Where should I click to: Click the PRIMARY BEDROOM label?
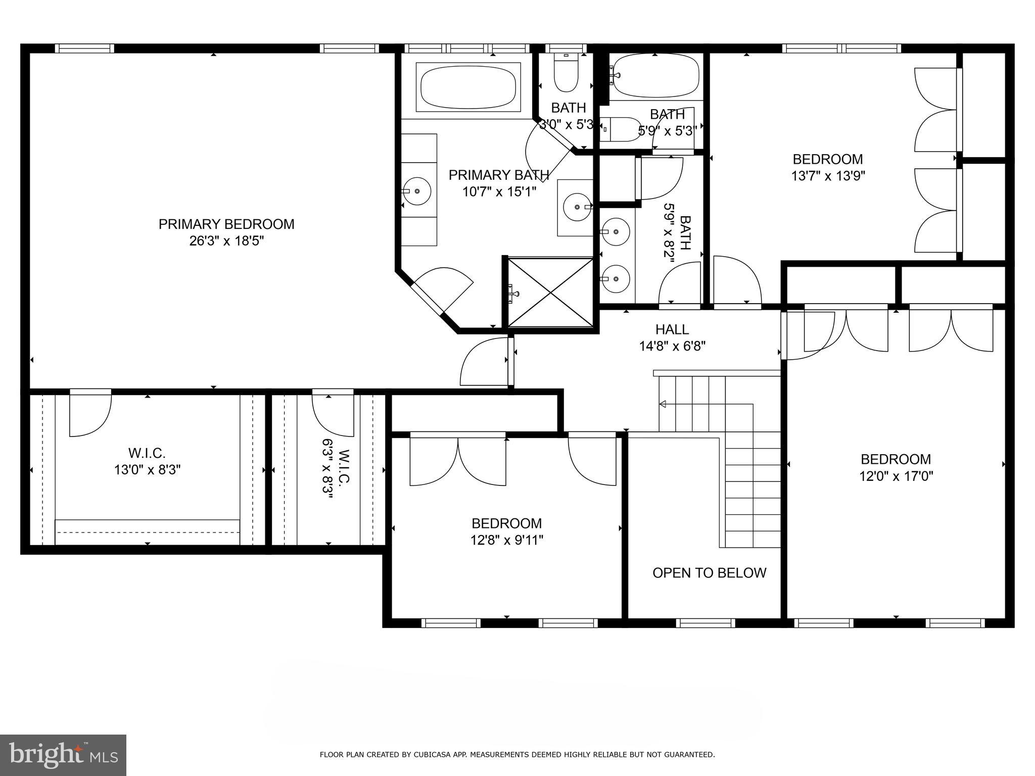point(226,224)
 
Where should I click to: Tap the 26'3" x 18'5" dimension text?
point(226,241)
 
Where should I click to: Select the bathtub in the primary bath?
point(468,87)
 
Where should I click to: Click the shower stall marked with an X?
point(550,293)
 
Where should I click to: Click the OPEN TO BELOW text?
point(709,572)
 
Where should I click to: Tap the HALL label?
point(672,329)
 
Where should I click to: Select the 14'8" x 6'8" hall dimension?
point(672,346)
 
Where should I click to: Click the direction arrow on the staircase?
point(663,404)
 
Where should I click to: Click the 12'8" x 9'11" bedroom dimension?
point(506,540)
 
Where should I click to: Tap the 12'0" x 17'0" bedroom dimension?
point(896,476)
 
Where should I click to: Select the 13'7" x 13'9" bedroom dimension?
point(828,176)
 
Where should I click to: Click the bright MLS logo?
point(63,755)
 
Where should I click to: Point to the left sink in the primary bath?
point(417,191)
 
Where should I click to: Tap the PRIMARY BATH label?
point(498,175)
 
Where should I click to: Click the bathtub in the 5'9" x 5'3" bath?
point(655,76)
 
